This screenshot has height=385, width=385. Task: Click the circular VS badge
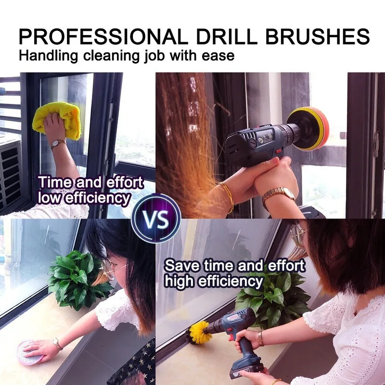156,218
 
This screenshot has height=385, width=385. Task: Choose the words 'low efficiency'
84,197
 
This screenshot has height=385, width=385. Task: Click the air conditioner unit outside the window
10,173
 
